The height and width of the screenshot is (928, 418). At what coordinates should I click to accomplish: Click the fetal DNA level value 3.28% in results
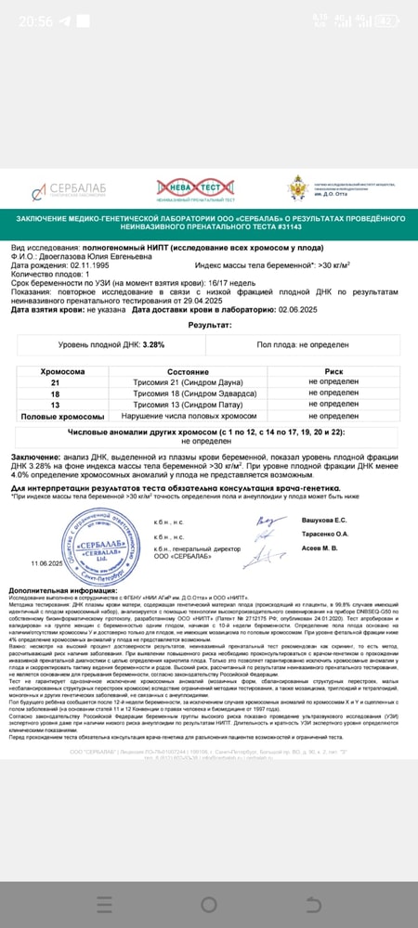(x=153, y=344)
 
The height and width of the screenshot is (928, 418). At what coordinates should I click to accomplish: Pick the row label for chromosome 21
(x=54, y=381)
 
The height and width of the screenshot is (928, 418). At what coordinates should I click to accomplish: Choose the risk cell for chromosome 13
(x=333, y=405)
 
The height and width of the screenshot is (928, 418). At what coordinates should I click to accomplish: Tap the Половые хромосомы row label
(x=54, y=417)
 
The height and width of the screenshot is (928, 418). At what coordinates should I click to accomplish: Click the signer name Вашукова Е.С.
(x=324, y=520)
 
